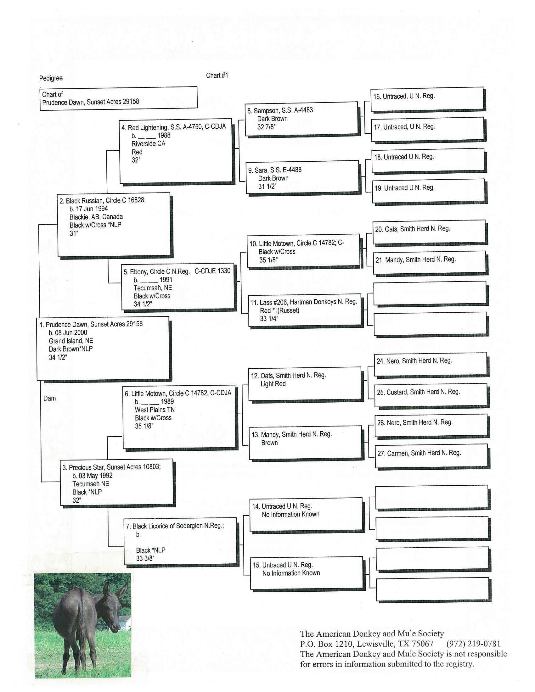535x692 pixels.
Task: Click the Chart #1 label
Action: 217,75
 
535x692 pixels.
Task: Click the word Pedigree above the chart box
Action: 51,78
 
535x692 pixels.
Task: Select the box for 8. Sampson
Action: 301,119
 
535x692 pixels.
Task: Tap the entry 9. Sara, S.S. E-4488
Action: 274,170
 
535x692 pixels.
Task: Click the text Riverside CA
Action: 148,144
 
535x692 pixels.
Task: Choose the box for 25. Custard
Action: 431,395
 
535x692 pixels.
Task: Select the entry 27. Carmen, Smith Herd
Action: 419,453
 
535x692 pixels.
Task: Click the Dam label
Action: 49,399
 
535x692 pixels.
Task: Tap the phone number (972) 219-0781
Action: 473,644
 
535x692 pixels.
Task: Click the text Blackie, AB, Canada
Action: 96,217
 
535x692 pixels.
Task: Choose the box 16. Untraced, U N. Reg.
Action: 427,99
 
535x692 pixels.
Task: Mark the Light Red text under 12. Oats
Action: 273,384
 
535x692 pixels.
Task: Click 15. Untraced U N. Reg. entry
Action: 282,565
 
